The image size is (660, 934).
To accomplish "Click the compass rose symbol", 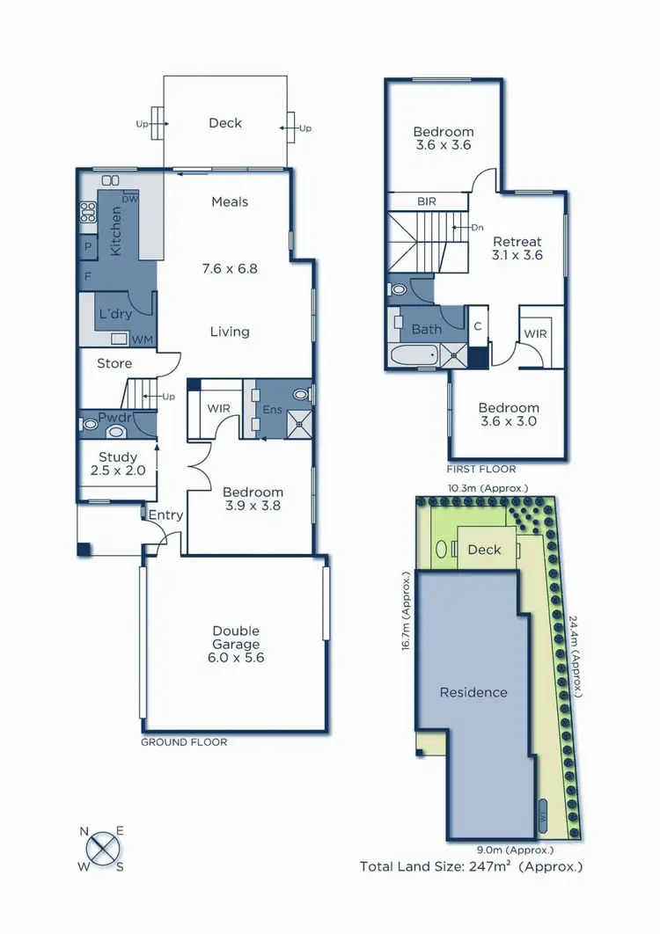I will pos(103,849).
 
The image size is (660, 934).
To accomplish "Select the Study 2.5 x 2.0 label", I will pos(118,463).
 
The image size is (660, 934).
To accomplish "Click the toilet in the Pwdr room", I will pos(89,423).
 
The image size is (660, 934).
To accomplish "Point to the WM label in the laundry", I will pos(141,339).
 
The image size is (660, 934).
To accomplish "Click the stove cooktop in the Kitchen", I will pos(88,211).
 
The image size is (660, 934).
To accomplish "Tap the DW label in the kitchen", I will pos(131,198).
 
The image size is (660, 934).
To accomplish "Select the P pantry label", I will pos(87,247).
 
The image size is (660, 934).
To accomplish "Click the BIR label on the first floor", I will pos(428,201).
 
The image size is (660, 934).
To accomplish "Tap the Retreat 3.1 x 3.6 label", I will pos(517,248).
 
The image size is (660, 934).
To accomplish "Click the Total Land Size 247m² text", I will pos(471,866).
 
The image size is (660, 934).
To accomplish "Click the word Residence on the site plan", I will pos(473,692).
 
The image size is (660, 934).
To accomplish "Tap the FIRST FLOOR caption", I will pos(481,469).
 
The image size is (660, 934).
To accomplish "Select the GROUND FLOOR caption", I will pos(184,742).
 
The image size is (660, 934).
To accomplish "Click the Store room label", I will pos(114,363).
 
